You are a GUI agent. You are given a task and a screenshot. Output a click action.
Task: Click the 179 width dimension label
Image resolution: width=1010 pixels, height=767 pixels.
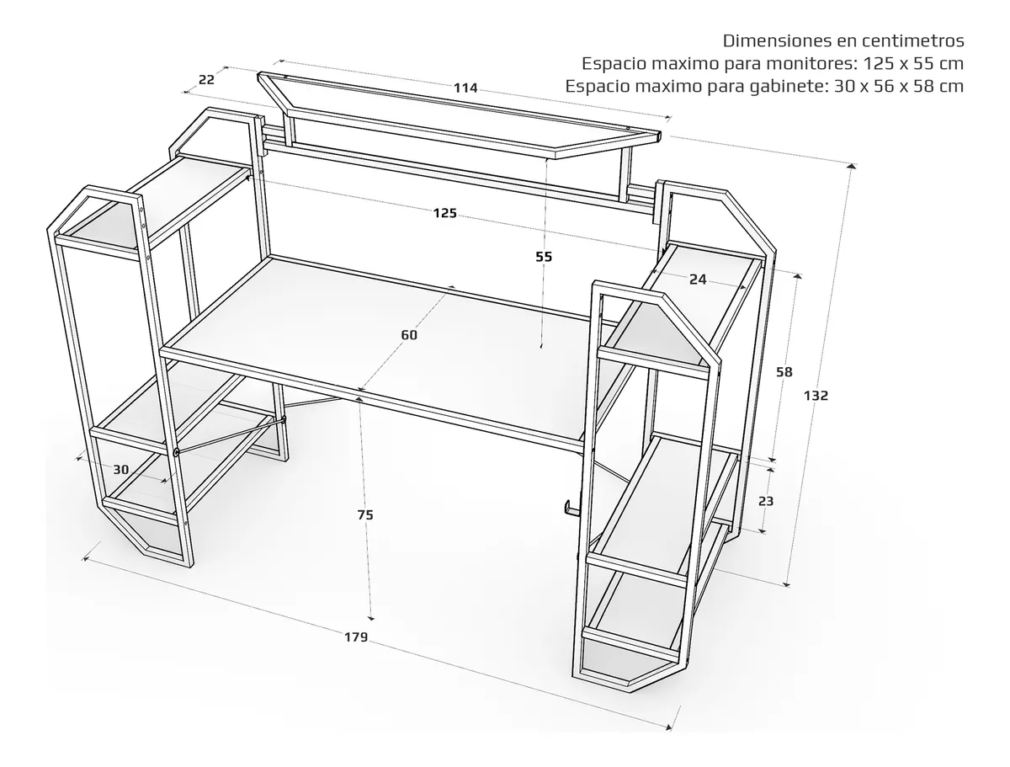tap(356, 637)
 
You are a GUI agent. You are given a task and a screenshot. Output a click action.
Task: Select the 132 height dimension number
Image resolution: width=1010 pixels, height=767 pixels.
tap(816, 395)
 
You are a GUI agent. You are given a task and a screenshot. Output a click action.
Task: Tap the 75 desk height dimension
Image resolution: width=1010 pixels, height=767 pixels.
tap(365, 515)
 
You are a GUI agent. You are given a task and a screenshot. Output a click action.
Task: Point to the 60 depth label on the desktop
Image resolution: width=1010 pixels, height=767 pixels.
tap(409, 335)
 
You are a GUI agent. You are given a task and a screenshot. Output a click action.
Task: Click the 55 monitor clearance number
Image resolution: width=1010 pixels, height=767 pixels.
tap(544, 257)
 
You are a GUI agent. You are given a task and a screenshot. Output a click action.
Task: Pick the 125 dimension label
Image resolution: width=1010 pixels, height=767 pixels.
tap(445, 213)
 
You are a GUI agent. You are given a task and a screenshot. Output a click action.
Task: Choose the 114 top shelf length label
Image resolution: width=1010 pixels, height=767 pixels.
tap(465, 88)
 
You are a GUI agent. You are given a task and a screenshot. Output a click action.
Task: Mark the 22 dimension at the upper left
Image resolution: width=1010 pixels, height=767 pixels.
tap(206, 80)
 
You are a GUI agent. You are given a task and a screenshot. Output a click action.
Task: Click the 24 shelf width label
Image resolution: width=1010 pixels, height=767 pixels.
tap(698, 280)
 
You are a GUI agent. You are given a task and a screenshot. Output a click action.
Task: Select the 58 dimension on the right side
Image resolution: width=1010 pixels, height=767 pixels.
tap(784, 372)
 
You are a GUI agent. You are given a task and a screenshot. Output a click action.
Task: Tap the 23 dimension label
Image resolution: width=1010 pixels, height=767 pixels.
tap(766, 501)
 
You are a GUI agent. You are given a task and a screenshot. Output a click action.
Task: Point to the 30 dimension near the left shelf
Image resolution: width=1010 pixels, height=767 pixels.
tap(121, 469)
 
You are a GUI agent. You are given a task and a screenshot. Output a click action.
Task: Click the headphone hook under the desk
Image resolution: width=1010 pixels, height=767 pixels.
tap(571, 507)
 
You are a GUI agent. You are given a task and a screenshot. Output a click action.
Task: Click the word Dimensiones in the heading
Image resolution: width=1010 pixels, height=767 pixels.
tap(777, 40)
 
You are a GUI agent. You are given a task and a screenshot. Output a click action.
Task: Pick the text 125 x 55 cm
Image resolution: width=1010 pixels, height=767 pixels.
tap(913, 63)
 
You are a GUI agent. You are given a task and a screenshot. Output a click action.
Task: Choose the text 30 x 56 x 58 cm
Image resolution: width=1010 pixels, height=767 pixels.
tap(899, 86)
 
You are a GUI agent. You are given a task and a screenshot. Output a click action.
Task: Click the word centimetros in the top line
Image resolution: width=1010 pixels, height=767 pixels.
tap(913, 40)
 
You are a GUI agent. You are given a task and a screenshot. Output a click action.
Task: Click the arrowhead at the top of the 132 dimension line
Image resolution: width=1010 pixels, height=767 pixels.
tap(851, 167)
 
